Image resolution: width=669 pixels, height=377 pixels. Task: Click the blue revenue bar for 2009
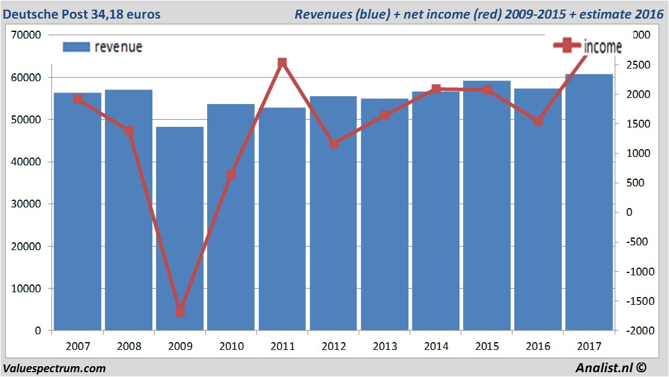pos(179,228)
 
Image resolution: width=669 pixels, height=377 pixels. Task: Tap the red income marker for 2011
pos(282,63)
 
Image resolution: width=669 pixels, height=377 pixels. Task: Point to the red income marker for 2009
pos(179,311)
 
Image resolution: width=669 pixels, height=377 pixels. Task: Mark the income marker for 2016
pos(538,121)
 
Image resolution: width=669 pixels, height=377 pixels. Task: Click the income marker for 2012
pos(334,144)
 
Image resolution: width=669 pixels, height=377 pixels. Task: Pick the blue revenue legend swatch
pos(76,47)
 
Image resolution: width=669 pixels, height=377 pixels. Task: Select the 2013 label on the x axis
pos(385,346)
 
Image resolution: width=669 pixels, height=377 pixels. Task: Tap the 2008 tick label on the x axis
pos(129,346)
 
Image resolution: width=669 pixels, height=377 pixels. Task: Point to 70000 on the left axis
pos(26,35)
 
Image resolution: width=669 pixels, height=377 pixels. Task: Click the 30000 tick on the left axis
pos(26,204)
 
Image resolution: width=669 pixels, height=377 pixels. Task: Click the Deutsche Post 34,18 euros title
pos(82,14)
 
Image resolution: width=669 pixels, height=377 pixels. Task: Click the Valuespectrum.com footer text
pos(54,368)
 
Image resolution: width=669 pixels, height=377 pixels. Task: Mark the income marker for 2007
pos(78,99)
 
